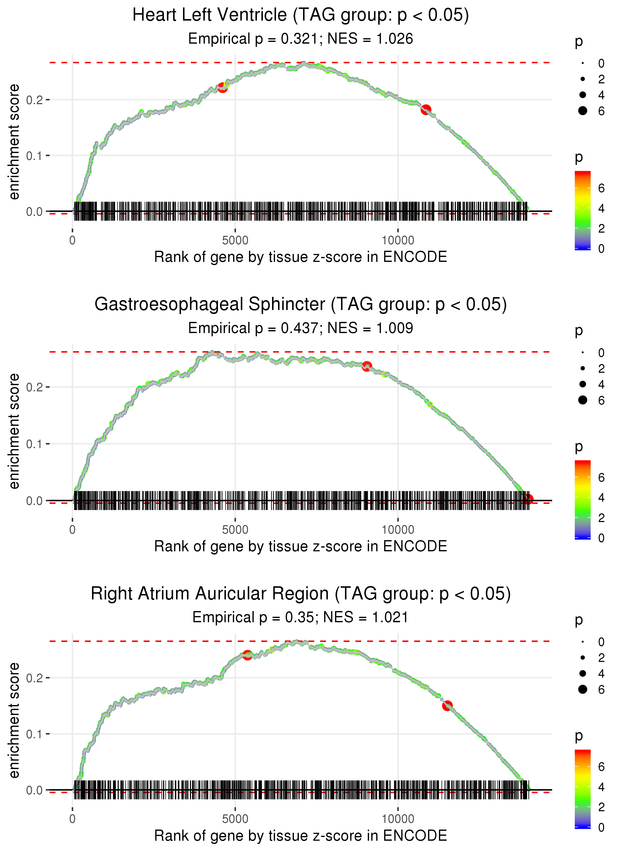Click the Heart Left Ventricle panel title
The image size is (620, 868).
(x=301, y=15)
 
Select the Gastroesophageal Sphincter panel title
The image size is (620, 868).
(x=301, y=305)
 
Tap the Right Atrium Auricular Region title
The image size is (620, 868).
(x=301, y=594)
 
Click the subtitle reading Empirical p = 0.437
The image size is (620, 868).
(x=301, y=328)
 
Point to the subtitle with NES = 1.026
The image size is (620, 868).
(x=301, y=39)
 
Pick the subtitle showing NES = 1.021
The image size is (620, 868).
(x=301, y=618)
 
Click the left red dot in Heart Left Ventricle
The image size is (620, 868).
(x=222, y=87)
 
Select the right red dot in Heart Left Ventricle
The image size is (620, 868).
(x=426, y=110)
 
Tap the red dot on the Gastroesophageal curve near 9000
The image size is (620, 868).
(x=367, y=367)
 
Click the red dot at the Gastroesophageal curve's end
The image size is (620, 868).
(x=528, y=499)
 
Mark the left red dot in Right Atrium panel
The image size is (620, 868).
(x=248, y=655)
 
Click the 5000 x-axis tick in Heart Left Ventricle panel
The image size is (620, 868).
(x=235, y=241)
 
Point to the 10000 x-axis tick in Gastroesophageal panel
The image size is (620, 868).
(x=398, y=530)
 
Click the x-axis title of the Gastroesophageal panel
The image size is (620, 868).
(x=301, y=546)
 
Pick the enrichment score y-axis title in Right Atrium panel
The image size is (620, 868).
(x=14, y=720)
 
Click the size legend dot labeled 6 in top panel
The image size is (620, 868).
(x=583, y=111)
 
